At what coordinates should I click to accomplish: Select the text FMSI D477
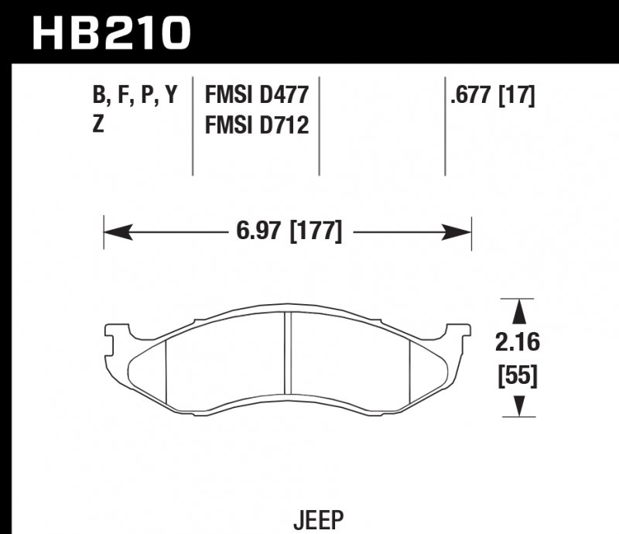pos(256,96)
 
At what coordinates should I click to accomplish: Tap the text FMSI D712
pos(256,124)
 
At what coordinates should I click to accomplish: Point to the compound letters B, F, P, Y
pos(135,96)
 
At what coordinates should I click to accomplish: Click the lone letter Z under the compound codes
pos(98,124)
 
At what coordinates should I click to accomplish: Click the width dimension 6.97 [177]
pos(287,231)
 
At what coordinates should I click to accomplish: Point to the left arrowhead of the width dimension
pos(113,231)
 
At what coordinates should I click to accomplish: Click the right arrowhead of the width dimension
pos(462,231)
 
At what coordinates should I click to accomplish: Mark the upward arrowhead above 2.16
pos(519,311)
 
